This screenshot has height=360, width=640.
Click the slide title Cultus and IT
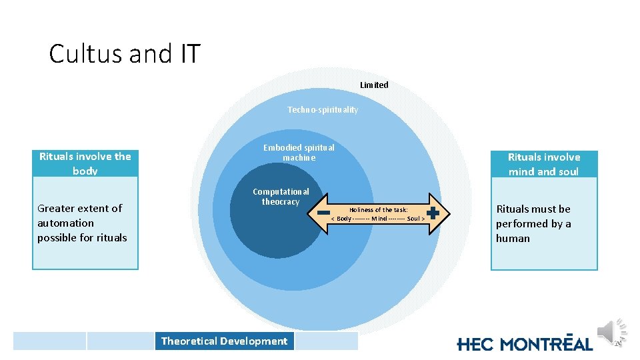coord(124,53)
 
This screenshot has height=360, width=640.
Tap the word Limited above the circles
coord(374,85)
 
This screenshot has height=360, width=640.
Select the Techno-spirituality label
coord(323,109)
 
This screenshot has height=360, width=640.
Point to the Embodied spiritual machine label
coord(299,153)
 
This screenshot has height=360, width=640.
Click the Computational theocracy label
coord(281,197)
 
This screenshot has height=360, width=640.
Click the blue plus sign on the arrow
coord(433,213)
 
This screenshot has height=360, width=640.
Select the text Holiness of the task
coord(379,209)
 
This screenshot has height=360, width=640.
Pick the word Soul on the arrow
coord(413,219)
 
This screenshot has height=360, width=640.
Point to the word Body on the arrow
coord(345,219)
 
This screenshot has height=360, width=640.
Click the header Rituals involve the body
coord(85,163)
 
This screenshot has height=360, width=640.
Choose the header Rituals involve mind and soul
coord(544,164)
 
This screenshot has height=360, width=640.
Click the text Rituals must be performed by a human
coord(533,223)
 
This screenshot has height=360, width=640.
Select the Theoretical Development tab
coord(224,341)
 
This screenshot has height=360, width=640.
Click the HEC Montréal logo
coord(525,343)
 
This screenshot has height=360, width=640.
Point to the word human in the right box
coord(513,238)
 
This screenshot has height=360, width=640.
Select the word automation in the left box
coord(65,223)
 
